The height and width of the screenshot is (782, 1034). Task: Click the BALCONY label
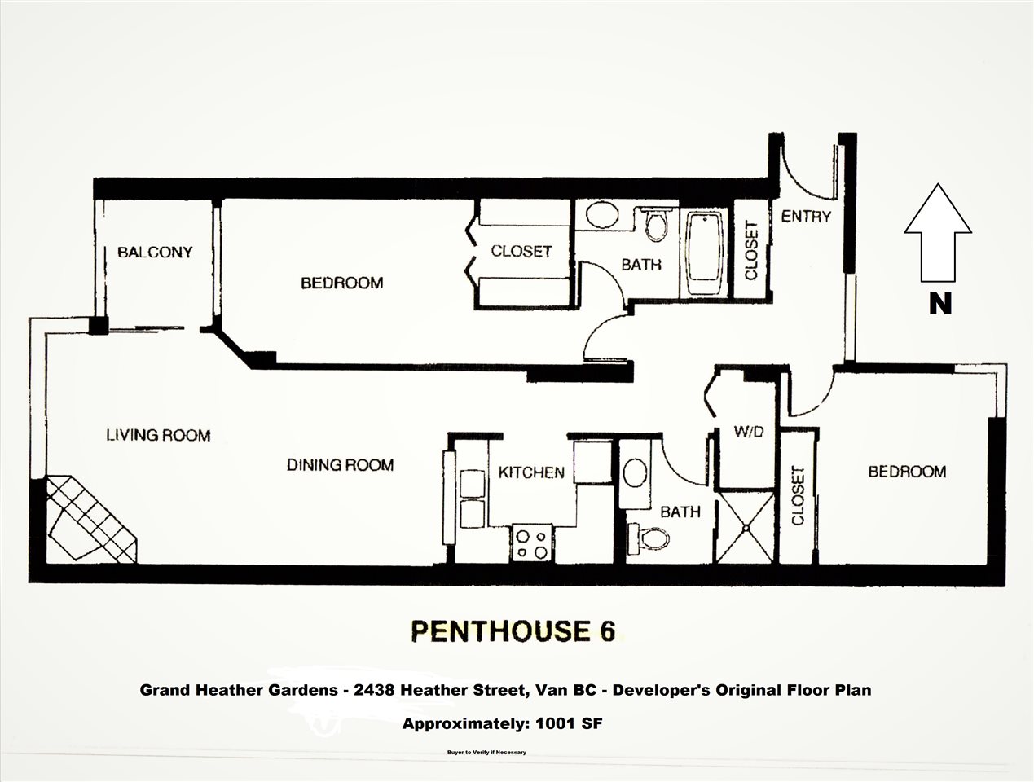pyautogui.click(x=155, y=253)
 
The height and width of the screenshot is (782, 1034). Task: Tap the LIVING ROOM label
pyautogui.click(x=158, y=435)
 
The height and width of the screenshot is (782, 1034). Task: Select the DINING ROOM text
pyautogui.click(x=340, y=465)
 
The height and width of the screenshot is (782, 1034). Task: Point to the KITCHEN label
pyautogui.click(x=531, y=472)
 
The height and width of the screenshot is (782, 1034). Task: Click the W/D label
pyautogui.click(x=748, y=431)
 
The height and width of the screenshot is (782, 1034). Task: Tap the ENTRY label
pyautogui.click(x=806, y=217)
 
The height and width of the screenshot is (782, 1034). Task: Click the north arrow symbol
pyautogui.click(x=938, y=233)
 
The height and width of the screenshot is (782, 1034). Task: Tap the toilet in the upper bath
pyautogui.click(x=657, y=224)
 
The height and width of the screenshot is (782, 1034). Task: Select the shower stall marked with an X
pyautogui.click(x=746, y=528)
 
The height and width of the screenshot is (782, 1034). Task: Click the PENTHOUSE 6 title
pyautogui.click(x=513, y=630)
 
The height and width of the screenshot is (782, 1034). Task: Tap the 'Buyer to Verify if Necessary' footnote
pyautogui.click(x=486, y=753)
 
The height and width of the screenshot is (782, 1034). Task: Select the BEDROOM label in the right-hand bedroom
pyautogui.click(x=907, y=472)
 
